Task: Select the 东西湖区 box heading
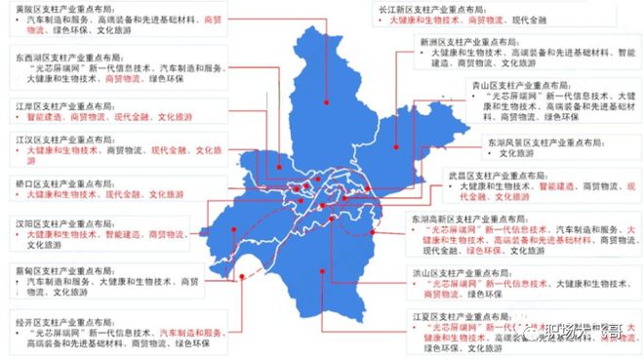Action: click(x=64, y=58)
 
